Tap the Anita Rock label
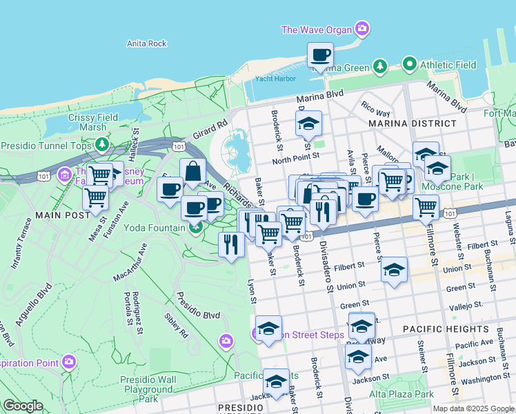[x=147, y=43]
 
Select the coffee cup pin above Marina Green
[x=320, y=55]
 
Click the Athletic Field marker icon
[x=409, y=65]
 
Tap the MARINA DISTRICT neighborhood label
[x=413, y=124]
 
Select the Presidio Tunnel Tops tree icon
[x=102, y=144]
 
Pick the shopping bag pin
[x=193, y=171]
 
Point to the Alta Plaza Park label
[x=400, y=394]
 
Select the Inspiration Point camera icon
[x=68, y=362]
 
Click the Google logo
[x=23, y=406]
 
